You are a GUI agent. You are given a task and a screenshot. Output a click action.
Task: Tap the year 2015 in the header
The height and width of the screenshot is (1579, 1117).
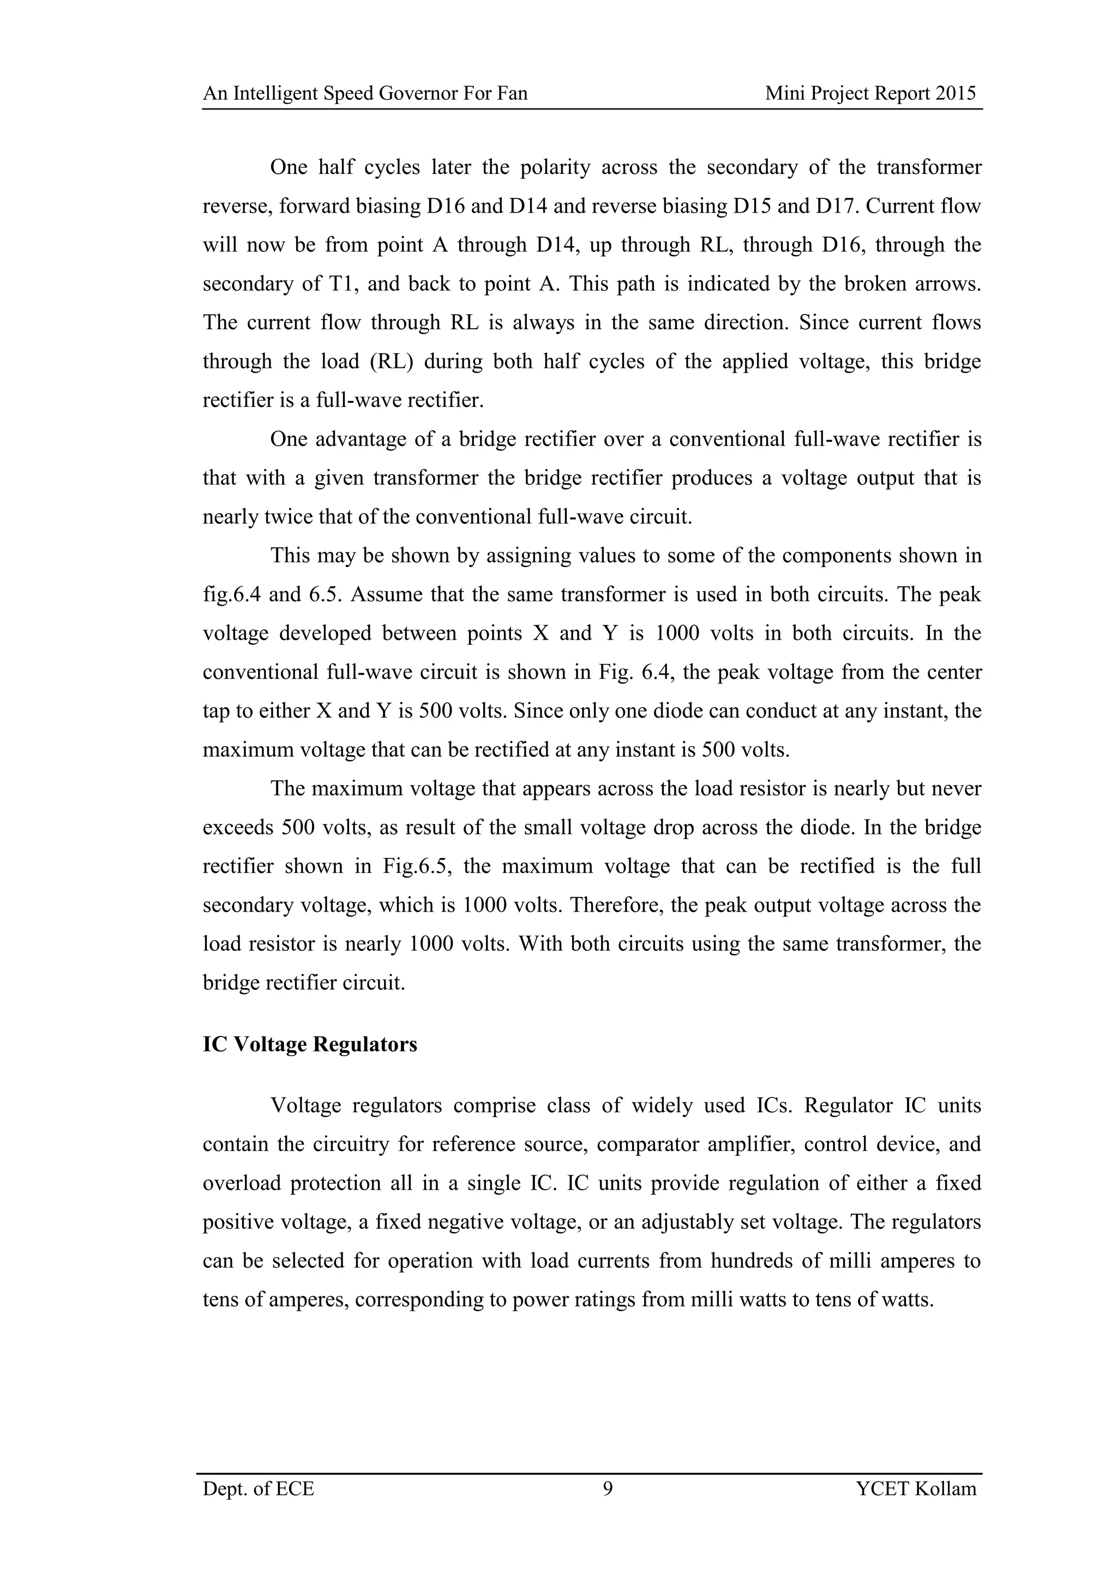(956, 94)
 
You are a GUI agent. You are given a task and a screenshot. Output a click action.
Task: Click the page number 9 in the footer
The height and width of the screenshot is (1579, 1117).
(608, 1488)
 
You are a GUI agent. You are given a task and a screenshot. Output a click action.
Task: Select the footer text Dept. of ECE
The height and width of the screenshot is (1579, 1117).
(259, 1489)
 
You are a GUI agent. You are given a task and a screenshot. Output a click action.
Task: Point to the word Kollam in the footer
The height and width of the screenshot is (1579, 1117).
(946, 1489)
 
